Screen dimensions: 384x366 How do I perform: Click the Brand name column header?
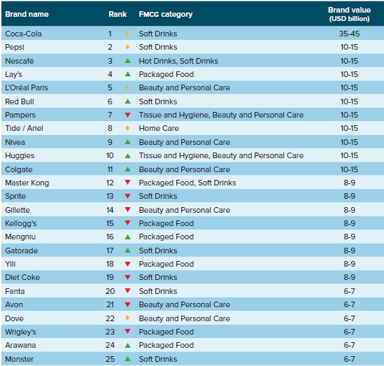point(27,14)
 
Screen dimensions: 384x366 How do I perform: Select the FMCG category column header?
point(166,14)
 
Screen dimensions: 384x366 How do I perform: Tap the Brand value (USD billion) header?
point(349,14)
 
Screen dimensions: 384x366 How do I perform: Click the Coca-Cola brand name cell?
point(23,34)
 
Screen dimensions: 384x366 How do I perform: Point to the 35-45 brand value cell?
point(349,34)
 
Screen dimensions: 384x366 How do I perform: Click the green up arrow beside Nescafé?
point(127,61)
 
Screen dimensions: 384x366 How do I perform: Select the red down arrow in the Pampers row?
point(127,115)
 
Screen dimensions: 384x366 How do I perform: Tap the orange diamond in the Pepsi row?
point(127,47)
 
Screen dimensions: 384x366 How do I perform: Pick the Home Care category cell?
point(159,128)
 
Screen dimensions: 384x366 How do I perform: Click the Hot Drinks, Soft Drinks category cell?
point(178,61)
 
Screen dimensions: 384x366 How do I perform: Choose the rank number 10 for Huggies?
point(110,155)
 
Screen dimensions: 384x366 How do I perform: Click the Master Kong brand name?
point(27,183)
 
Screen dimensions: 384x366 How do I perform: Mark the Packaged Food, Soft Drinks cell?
point(187,183)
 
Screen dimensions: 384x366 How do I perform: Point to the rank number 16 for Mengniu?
point(110,237)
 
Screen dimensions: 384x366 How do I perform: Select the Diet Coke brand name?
point(22,277)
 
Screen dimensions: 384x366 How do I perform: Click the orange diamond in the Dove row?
point(127,318)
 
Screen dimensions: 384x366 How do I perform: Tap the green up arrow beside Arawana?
point(127,346)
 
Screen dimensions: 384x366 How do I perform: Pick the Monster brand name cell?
point(20,359)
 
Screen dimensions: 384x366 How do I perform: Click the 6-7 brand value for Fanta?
point(349,291)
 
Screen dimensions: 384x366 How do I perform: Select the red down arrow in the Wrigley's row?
point(127,332)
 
